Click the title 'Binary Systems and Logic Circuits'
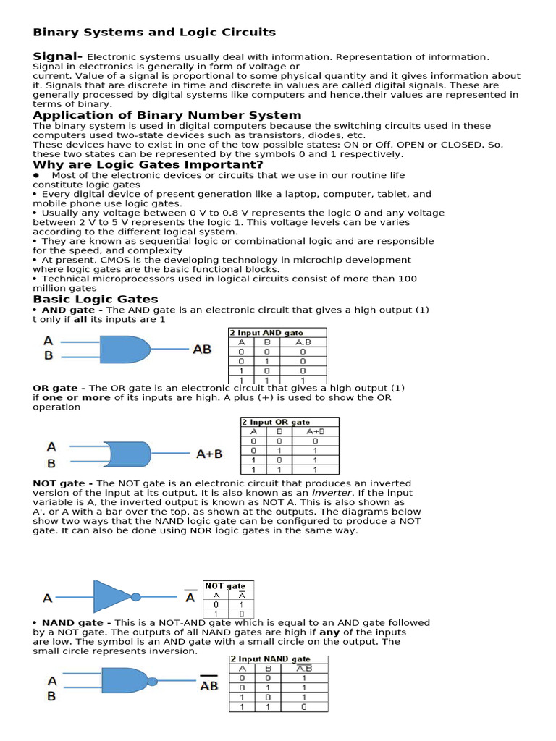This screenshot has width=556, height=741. pyautogui.click(x=154, y=32)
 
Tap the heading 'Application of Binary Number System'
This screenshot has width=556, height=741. pyautogui.click(x=167, y=115)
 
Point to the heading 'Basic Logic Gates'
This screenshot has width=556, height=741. pyautogui.click(x=95, y=300)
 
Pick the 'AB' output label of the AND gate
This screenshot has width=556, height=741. pyautogui.click(x=202, y=349)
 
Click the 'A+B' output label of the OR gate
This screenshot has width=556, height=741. pyautogui.click(x=209, y=454)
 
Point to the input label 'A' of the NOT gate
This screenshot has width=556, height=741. pyautogui.click(x=48, y=598)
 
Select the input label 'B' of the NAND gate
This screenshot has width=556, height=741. pyautogui.click(x=51, y=696)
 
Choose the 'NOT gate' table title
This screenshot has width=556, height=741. pyautogui.click(x=225, y=585)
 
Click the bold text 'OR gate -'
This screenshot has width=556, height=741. pyautogui.click(x=59, y=388)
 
